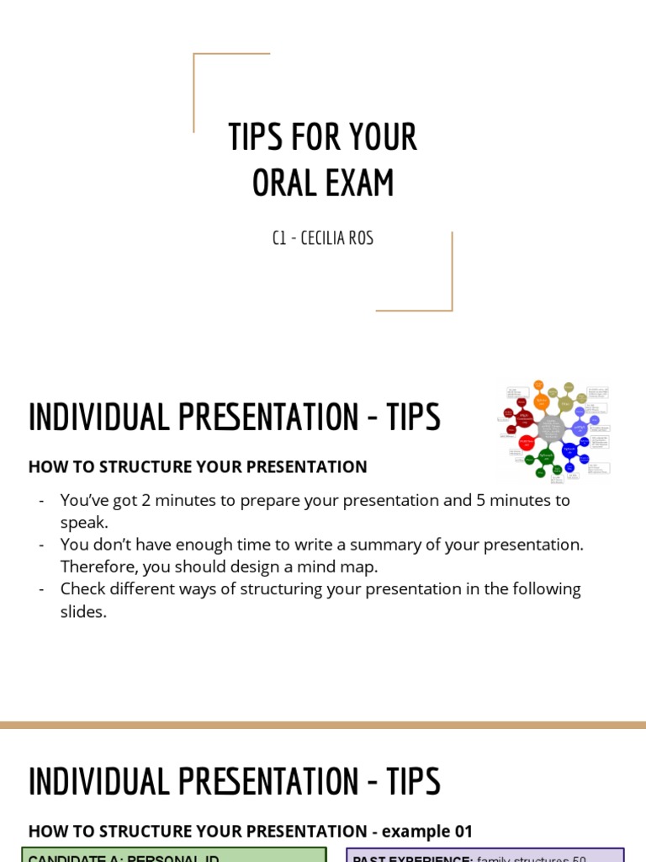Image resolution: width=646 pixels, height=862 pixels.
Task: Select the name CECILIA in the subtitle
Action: point(323,238)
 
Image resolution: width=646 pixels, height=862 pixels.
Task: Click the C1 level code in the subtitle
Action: point(279,238)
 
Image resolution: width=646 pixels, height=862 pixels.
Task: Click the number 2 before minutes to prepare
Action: point(146,500)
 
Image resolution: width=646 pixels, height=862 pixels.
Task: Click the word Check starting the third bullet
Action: point(83,588)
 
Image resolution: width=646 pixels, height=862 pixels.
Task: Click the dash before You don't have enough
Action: point(41,545)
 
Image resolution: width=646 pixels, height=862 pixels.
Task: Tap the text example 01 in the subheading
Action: point(427,831)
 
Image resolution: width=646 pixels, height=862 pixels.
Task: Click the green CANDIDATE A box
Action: point(173,855)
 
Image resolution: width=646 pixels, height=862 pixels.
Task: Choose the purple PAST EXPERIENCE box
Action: point(485,855)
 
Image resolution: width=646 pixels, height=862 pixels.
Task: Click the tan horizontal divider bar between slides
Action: point(323,725)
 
